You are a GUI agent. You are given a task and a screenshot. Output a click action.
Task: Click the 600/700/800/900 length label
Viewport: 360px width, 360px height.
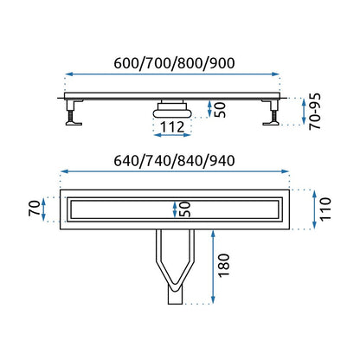coord(174,63)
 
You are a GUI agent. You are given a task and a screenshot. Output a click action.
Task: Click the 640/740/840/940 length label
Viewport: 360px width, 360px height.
coord(174,161)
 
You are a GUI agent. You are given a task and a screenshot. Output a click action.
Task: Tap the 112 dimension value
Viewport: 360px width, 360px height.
coord(172,127)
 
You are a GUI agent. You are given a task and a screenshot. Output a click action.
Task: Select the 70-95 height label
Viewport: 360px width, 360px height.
coord(315,112)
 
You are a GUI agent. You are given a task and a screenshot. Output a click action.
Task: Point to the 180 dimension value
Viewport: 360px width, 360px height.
coord(224,266)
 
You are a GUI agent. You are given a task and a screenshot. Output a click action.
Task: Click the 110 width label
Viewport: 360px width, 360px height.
coord(325,209)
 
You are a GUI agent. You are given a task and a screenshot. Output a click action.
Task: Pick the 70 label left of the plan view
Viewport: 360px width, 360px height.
coord(35,209)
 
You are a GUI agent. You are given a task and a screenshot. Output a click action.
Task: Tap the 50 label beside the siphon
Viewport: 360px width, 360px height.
coord(220,109)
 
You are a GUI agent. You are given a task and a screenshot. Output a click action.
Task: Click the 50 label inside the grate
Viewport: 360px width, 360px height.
coord(184,209)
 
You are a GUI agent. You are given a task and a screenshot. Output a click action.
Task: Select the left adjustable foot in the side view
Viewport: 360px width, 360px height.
coord(72,112)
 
